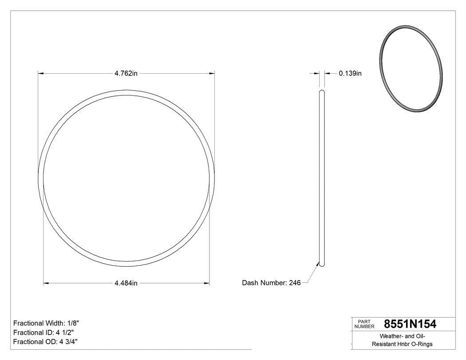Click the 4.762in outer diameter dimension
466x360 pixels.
[126, 74]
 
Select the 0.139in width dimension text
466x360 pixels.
[350, 74]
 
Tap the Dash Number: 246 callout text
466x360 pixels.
[271, 283]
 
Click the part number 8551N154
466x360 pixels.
[410, 324]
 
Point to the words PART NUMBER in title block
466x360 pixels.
[364, 324]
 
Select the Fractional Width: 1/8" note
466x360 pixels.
[46, 323]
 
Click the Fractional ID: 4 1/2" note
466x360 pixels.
[43, 332]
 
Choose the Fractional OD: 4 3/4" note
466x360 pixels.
[46, 342]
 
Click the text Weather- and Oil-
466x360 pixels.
[402, 336]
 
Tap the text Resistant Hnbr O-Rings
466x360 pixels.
[402, 344]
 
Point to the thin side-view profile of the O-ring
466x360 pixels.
[322, 178]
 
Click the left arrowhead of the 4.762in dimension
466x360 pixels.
[40, 73]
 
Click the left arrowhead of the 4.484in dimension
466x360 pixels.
[45, 283]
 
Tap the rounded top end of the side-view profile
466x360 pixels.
[322, 92]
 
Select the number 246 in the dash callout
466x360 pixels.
[295, 283]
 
